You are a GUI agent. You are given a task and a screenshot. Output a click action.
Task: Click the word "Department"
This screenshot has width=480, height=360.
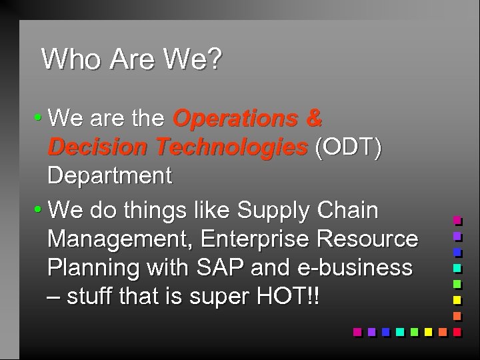tap(109, 177)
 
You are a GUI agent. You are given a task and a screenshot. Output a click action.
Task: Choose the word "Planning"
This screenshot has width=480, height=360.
tap(89, 268)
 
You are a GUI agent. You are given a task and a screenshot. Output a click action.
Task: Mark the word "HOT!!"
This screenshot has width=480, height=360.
tap(289, 296)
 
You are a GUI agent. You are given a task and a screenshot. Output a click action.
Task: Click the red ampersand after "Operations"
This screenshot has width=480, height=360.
tap(313, 119)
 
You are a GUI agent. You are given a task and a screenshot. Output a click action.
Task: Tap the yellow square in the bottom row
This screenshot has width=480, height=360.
tap(427, 331)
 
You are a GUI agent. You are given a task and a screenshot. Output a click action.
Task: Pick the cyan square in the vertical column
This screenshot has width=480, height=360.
tap(457, 268)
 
